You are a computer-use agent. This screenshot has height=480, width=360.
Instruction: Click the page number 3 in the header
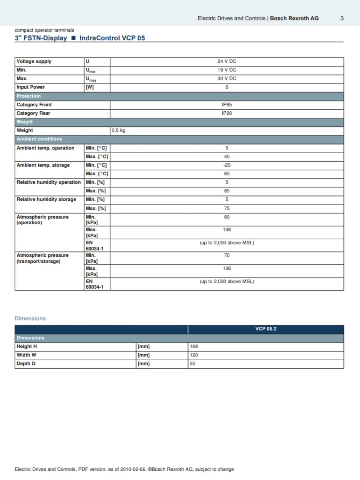[342, 18]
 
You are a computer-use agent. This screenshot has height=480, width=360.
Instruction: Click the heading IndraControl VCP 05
[112, 38]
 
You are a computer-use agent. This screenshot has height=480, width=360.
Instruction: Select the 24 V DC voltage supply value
[226, 61]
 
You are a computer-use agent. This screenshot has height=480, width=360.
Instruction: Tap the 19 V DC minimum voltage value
[226, 70]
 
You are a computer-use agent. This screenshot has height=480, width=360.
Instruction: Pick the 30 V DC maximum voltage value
[226, 79]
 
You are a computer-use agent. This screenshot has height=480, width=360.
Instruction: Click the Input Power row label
[31, 87]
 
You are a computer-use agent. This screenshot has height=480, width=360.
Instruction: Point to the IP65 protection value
[227, 105]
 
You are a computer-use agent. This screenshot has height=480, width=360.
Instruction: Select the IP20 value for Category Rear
[227, 113]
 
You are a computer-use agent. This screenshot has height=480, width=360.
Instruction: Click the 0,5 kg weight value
[119, 131]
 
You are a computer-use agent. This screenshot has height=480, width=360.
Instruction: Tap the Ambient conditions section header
[39, 139]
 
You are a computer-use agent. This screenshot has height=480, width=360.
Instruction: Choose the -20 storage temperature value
[227, 165]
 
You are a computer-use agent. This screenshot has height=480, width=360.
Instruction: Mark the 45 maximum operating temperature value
[227, 156]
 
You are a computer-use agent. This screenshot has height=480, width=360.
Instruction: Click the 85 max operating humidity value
[227, 191]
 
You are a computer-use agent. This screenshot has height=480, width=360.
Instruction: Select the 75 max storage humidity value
[227, 208]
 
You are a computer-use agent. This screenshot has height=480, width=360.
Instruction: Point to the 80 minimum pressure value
[227, 217]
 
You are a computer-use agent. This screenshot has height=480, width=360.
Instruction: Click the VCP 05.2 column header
[266, 329]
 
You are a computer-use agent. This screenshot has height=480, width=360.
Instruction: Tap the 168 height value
[194, 347]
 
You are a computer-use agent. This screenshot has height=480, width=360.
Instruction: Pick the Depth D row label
[26, 364]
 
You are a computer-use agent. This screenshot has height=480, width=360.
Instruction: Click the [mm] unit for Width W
[144, 355]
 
